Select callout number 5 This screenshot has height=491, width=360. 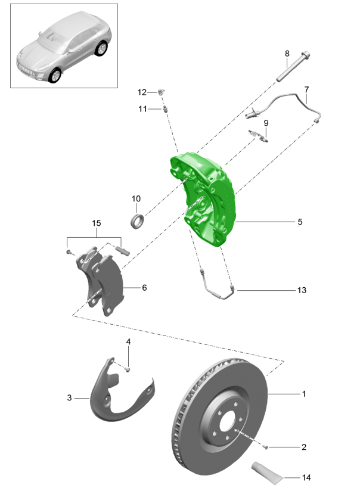pyautogui.click(x=300, y=222)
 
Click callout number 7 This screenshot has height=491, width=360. pyautogui.click(x=306, y=90)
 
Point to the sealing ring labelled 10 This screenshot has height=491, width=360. pyautogui.click(x=138, y=220)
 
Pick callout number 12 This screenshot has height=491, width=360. pyautogui.click(x=141, y=92)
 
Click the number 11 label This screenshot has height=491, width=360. pyautogui.click(x=142, y=109)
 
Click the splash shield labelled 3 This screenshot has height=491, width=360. pyautogui.click(x=119, y=396)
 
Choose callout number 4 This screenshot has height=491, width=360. pyautogui.click(x=128, y=342)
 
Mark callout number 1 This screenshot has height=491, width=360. pyautogui.click(x=303, y=394)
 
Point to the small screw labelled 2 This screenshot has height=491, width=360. pyautogui.click(x=267, y=447)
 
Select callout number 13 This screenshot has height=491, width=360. pyautogui.click(x=302, y=290)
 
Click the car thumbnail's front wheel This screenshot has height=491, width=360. pyautogui.click(x=56, y=75)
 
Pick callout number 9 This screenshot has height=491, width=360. pyautogui.click(x=266, y=123)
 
